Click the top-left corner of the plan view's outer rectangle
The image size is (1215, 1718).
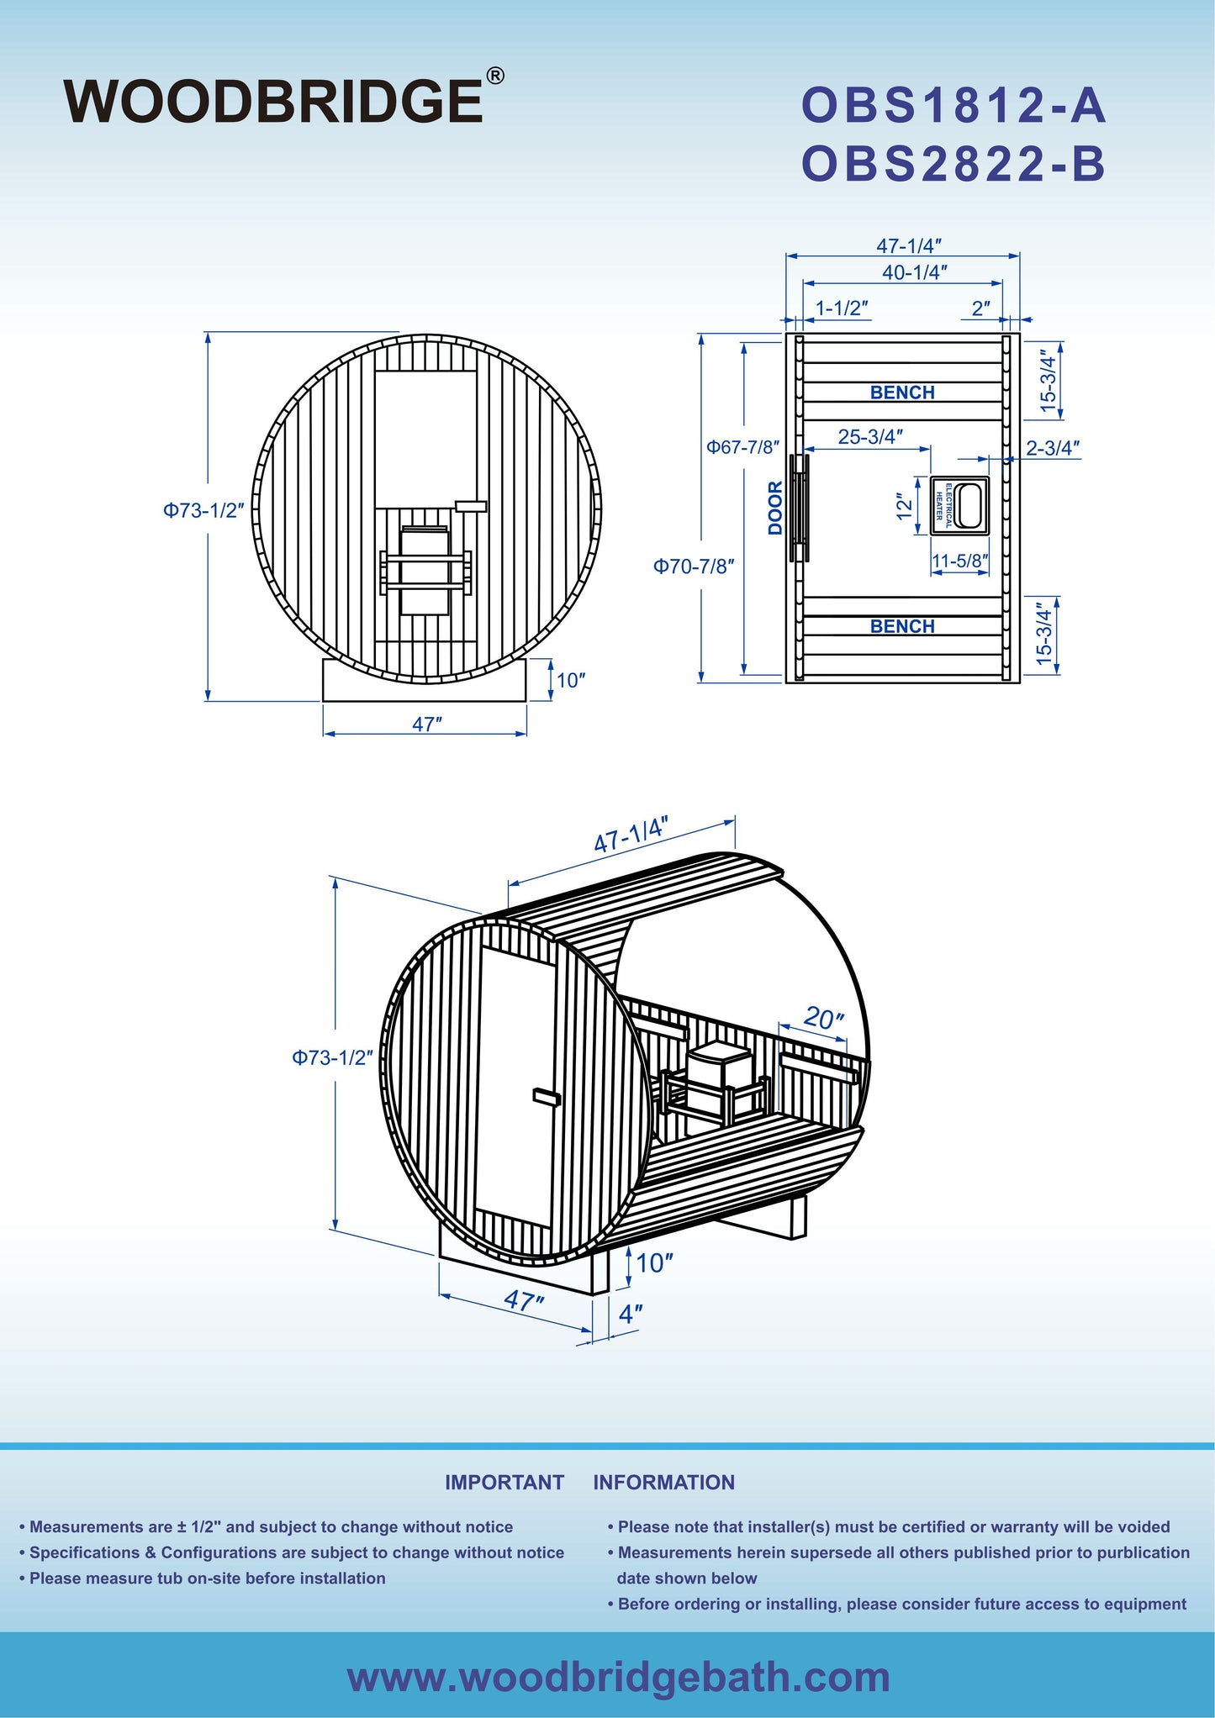[x=786, y=334]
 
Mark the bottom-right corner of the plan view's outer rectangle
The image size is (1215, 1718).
[x=1020, y=682]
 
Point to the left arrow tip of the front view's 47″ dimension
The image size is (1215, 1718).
[x=325, y=734]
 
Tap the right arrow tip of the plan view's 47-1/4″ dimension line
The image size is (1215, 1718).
[x=1019, y=256]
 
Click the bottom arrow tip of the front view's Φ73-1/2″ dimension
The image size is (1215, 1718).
[x=209, y=700]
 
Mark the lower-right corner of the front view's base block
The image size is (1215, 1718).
[x=526, y=701]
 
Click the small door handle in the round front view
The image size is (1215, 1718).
[x=471, y=506]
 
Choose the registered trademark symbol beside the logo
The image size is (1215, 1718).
[x=495, y=76]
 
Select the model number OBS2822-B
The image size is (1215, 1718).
[x=954, y=164]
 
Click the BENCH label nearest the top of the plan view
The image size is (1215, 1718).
[x=902, y=393]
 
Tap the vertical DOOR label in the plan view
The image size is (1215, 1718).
[x=775, y=508]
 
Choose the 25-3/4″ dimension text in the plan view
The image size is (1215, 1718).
[x=870, y=437]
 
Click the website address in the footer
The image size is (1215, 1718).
[x=619, y=1677]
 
